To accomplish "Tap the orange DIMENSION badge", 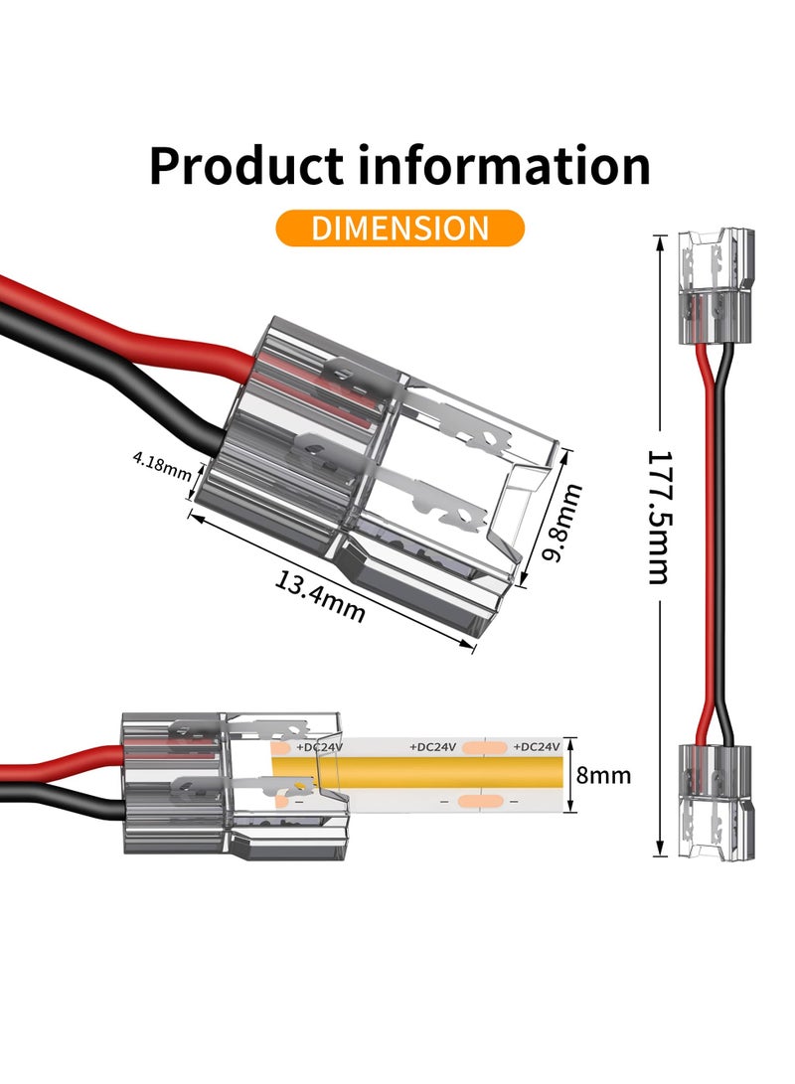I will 399,228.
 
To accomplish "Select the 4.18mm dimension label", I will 161,463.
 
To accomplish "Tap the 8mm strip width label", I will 604,775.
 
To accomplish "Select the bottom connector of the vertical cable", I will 715,800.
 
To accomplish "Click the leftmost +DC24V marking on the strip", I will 320,746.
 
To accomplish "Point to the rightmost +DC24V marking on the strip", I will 537,746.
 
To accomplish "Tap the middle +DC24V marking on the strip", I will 432,746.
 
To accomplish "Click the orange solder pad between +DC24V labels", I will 485,746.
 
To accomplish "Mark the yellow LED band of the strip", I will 447,773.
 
